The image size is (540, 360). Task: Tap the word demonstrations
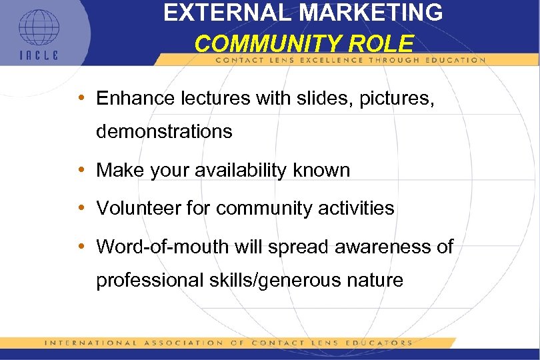[x=164, y=132]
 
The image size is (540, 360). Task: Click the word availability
[x=254, y=170]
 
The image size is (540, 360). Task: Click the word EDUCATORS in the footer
[x=377, y=343]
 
